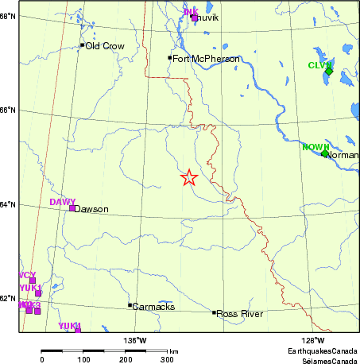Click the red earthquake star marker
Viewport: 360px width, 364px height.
(x=188, y=178)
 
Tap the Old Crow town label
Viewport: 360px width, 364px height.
(x=105, y=46)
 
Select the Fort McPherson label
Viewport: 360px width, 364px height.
(x=206, y=59)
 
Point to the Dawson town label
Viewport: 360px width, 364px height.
(x=92, y=210)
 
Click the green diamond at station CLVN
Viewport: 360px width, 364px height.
(x=329, y=72)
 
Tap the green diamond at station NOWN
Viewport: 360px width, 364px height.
(x=324, y=153)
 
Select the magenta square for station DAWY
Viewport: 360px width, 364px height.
(x=72, y=208)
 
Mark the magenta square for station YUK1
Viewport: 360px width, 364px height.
(x=37, y=293)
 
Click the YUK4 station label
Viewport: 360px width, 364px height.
(x=70, y=325)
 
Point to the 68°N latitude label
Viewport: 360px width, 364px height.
(x=8, y=15)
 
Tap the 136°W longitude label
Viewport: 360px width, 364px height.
(x=134, y=341)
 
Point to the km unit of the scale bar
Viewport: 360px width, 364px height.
(x=173, y=350)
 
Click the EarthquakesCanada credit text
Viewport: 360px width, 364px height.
(x=323, y=350)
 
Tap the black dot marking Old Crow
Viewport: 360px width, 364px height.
(x=82, y=45)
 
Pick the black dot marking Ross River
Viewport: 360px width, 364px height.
(x=214, y=312)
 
